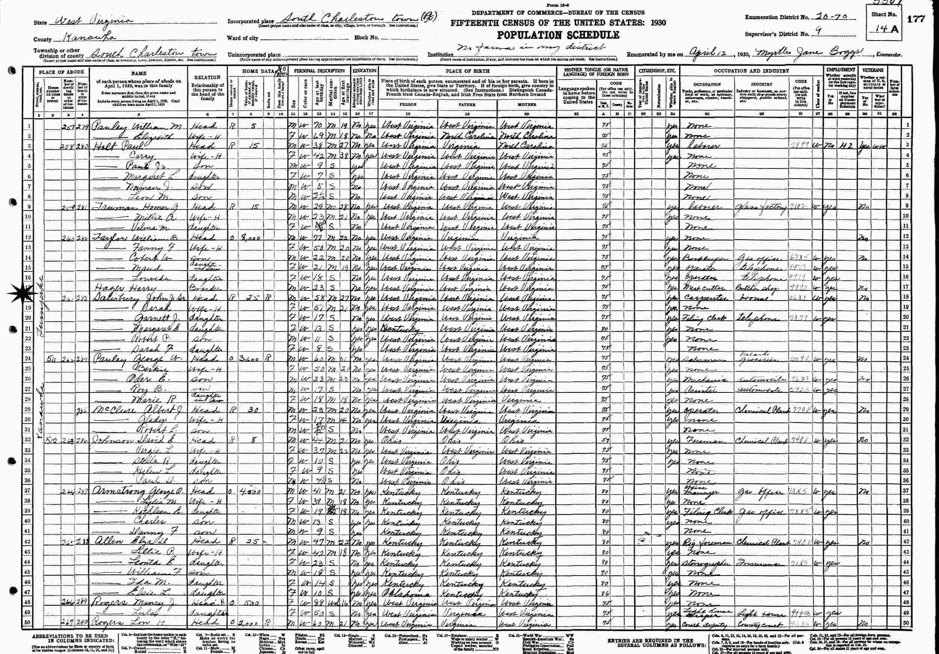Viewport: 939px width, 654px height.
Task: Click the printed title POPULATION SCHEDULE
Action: [x=558, y=35]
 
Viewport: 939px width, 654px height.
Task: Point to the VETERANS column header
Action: [x=873, y=70]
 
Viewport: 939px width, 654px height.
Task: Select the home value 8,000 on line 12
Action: [x=251, y=237]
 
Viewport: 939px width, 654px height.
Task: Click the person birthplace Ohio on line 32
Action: [x=391, y=441]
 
